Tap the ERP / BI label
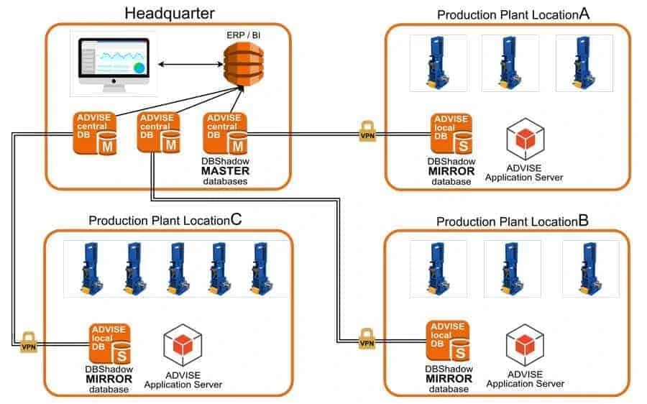point(237,35)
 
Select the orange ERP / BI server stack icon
point(238,64)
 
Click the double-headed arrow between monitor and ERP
point(188,65)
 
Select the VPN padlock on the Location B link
point(367,339)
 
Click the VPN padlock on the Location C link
point(28,341)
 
